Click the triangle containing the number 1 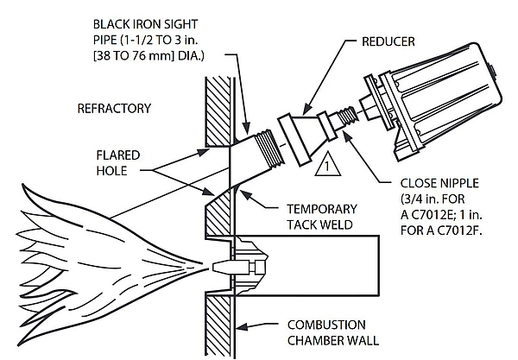click(325, 162)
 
